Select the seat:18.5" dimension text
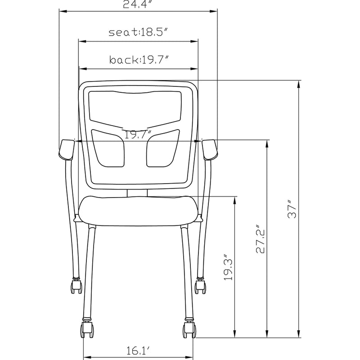(138, 32)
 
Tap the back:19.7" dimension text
(138, 60)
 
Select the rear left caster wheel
(76, 286)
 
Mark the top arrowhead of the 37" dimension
(299, 82)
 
